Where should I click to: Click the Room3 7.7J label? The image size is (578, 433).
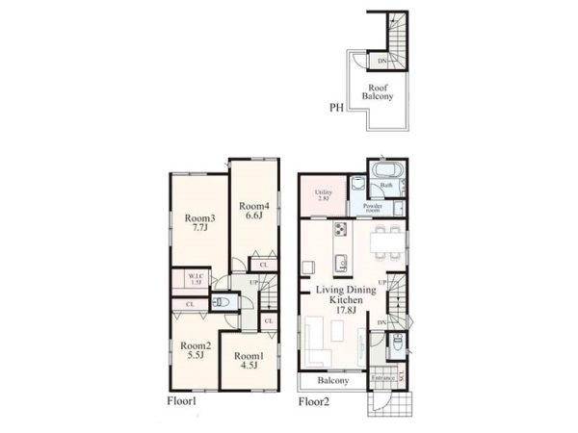tap(198, 223)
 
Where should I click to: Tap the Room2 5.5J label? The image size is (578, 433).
tap(195, 350)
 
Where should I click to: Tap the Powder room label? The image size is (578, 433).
tap(373, 207)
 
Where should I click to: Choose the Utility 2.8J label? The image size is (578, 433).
tap(324, 195)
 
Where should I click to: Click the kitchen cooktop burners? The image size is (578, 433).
tap(340, 230)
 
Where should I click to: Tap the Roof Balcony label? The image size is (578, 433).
tap(377, 91)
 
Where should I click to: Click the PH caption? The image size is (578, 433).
tap(337, 109)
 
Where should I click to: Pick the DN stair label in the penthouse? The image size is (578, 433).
tap(382, 62)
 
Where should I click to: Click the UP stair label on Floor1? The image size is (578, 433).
tap(253, 282)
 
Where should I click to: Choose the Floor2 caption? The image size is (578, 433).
tap(314, 401)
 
